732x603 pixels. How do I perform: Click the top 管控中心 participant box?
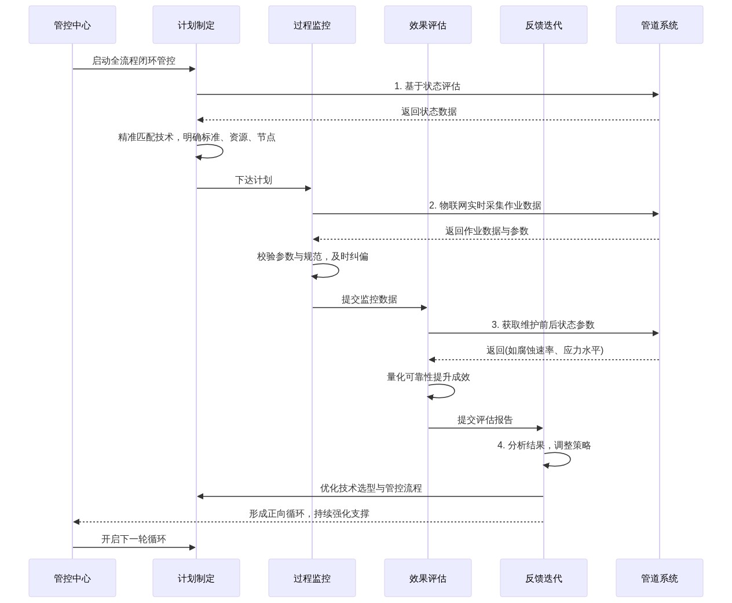coord(72,25)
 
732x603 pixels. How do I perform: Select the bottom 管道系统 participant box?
coord(659,578)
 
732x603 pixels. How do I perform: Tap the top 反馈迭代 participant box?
coord(543,25)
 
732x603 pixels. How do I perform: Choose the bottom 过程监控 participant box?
coord(312,578)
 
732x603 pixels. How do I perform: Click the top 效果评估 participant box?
coord(427,25)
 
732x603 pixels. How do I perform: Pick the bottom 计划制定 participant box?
coord(196,578)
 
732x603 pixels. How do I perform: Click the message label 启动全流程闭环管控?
coord(134,61)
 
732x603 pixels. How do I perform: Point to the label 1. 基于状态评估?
coord(427,86)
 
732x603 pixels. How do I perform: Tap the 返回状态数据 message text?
coord(429,112)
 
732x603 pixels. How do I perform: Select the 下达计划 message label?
coord(254,180)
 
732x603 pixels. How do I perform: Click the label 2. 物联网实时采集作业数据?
coord(485,206)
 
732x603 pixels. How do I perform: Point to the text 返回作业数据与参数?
coord(486,231)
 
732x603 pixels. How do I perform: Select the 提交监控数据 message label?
coord(369,299)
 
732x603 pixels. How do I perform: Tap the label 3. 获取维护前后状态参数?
coord(543,325)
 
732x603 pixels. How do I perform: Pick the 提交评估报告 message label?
coord(485,420)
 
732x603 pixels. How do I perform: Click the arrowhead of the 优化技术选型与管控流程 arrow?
coord(200,496)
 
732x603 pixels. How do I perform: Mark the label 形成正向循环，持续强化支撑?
coord(309,514)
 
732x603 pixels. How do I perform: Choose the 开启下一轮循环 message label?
coord(134,539)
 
